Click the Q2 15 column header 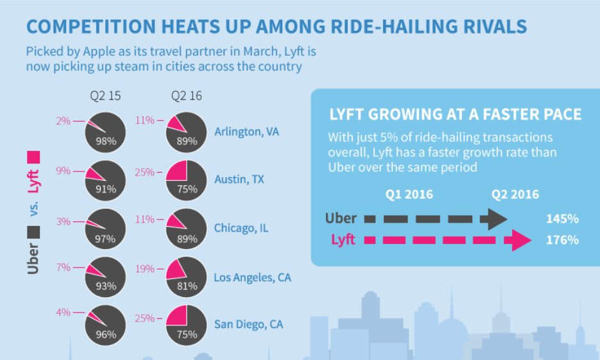tap(105, 96)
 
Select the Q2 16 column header tap(186, 96)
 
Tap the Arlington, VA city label tap(246, 132)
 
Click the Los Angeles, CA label tap(252, 277)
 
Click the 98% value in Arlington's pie tap(106, 142)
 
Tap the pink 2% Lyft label tap(63, 119)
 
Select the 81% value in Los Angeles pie tap(187, 286)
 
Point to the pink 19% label tap(145, 267)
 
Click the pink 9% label tap(63, 171)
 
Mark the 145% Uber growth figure tap(562, 219)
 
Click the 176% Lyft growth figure tap(562, 241)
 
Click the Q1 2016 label tap(409, 194)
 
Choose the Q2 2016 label tap(515, 194)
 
